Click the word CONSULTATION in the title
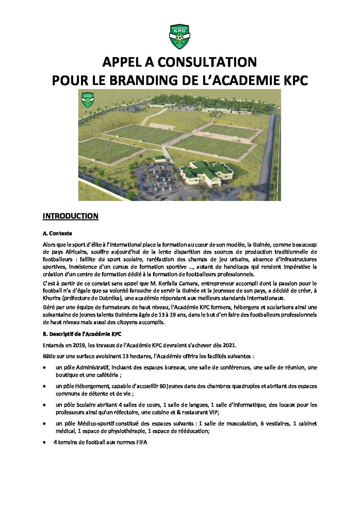point(207,62)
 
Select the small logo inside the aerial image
point(88,100)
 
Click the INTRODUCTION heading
point(70,216)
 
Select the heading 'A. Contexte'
point(57,234)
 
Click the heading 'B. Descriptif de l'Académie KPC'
point(82,335)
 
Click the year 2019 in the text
point(78,345)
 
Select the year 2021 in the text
point(229,345)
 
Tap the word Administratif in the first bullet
point(92,368)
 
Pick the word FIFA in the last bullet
point(142,442)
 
